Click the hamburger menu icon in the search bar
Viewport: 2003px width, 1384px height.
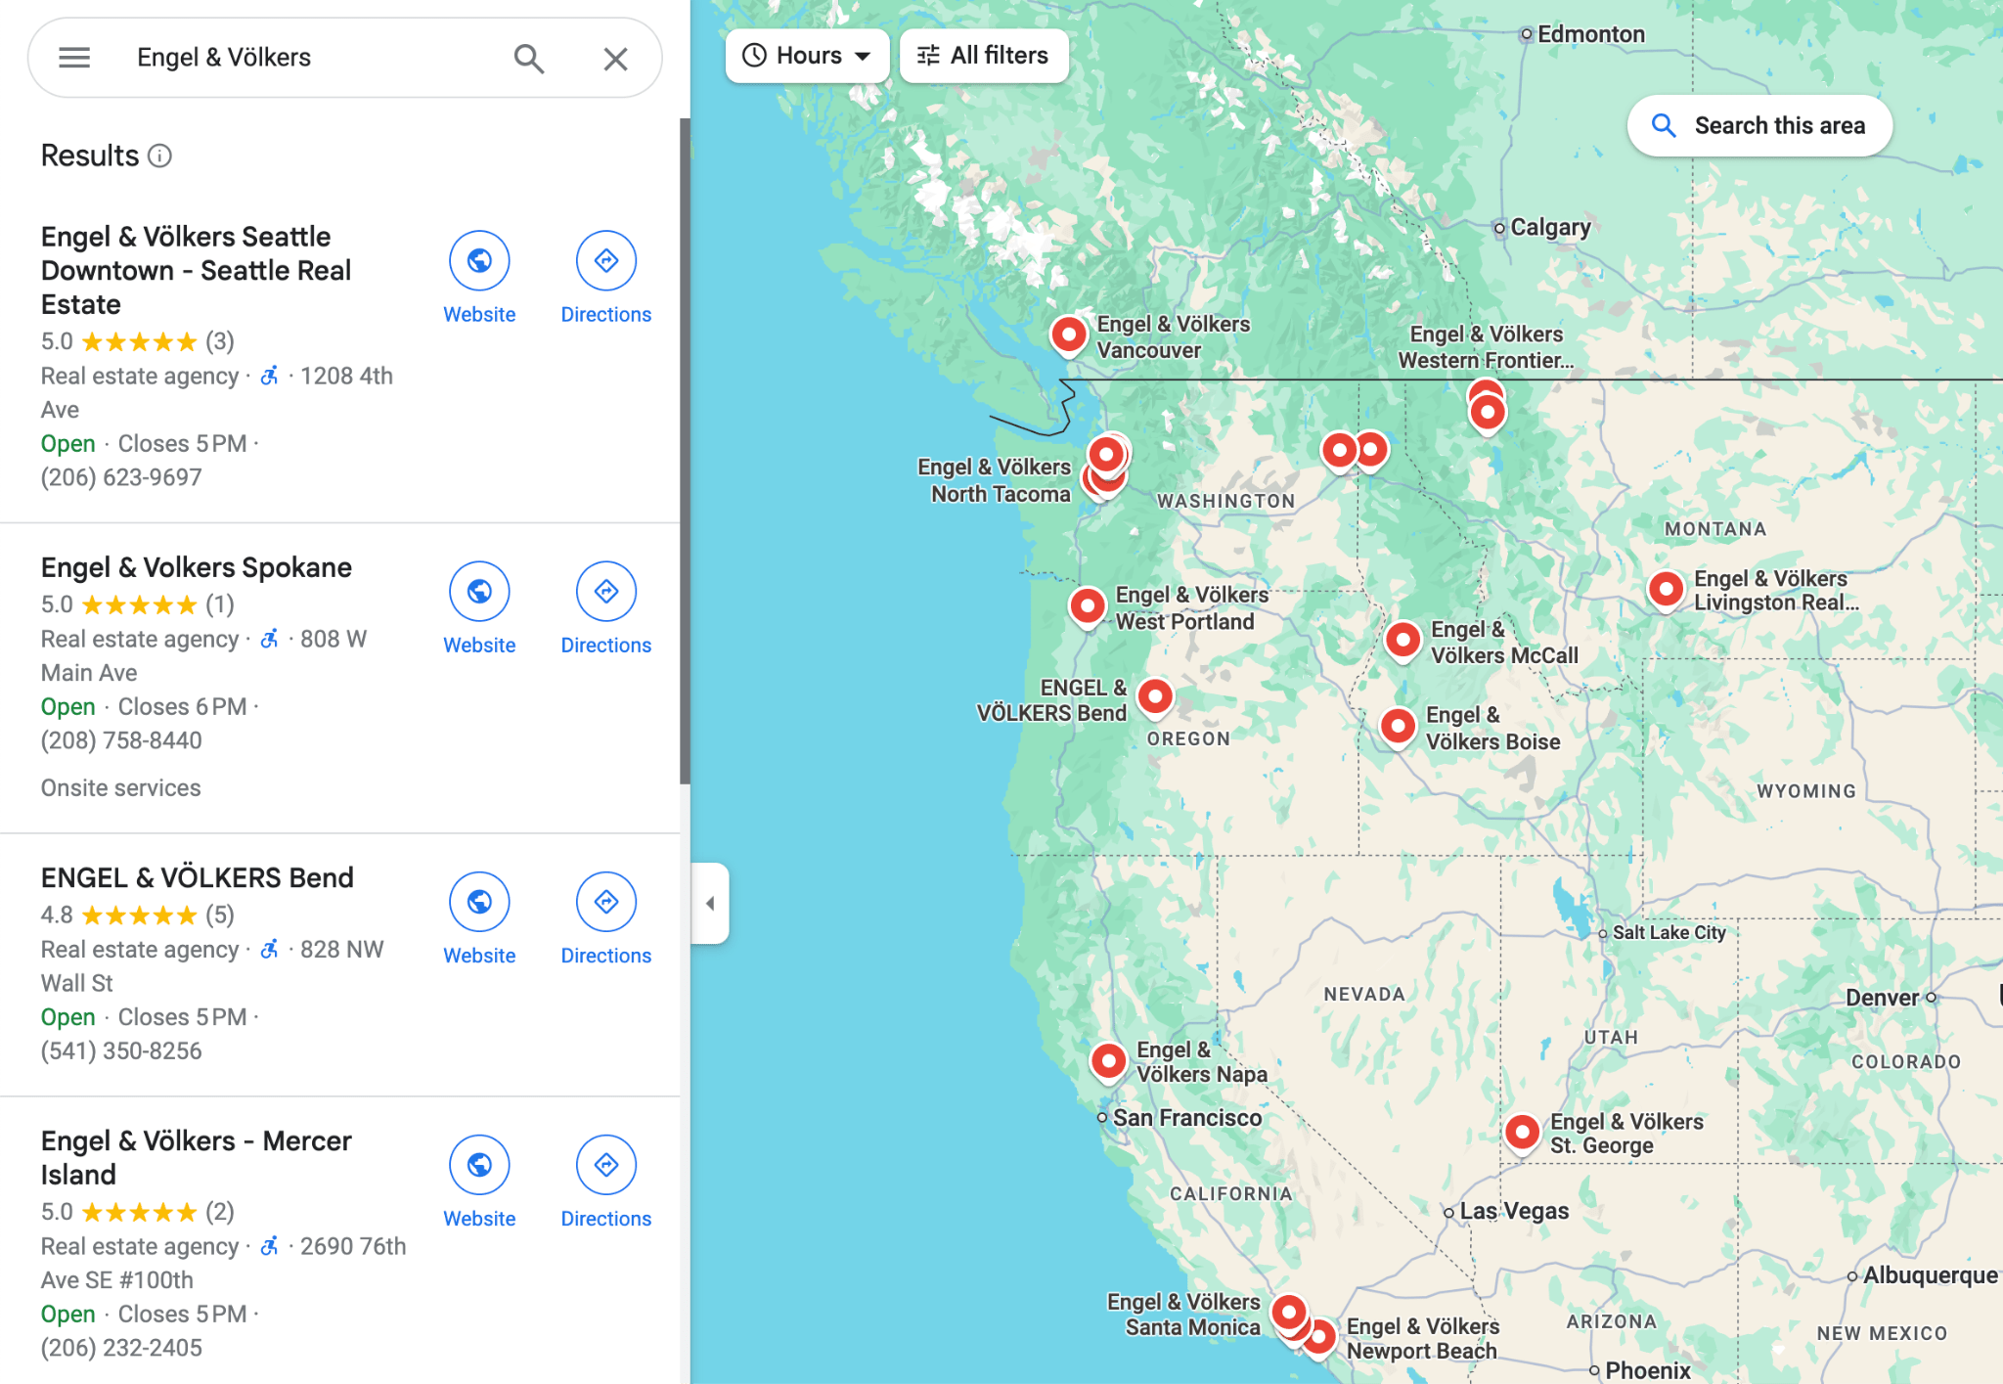[x=74, y=58]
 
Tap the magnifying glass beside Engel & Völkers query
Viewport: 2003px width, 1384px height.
[x=528, y=59]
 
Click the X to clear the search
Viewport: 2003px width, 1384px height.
[x=615, y=59]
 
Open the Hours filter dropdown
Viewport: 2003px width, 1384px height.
[x=807, y=56]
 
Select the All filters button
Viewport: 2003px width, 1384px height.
[x=983, y=56]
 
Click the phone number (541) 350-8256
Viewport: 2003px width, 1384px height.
[x=121, y=1050]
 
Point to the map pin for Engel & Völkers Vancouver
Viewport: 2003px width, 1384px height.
[x=1069, y=335]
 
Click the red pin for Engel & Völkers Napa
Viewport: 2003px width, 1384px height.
[x=1108, y=1060]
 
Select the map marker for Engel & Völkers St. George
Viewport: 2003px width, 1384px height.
[x=1522, y=1132]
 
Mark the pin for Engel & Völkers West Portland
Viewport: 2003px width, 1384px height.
[x=1088, y=606]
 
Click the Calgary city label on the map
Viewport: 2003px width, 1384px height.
[x=1549, y=227]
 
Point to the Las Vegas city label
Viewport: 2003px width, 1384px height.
[x=1513, y=1211]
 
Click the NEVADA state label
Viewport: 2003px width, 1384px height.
[x=1363, y=994]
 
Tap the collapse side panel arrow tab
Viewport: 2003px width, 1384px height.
[x=710, y=903]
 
